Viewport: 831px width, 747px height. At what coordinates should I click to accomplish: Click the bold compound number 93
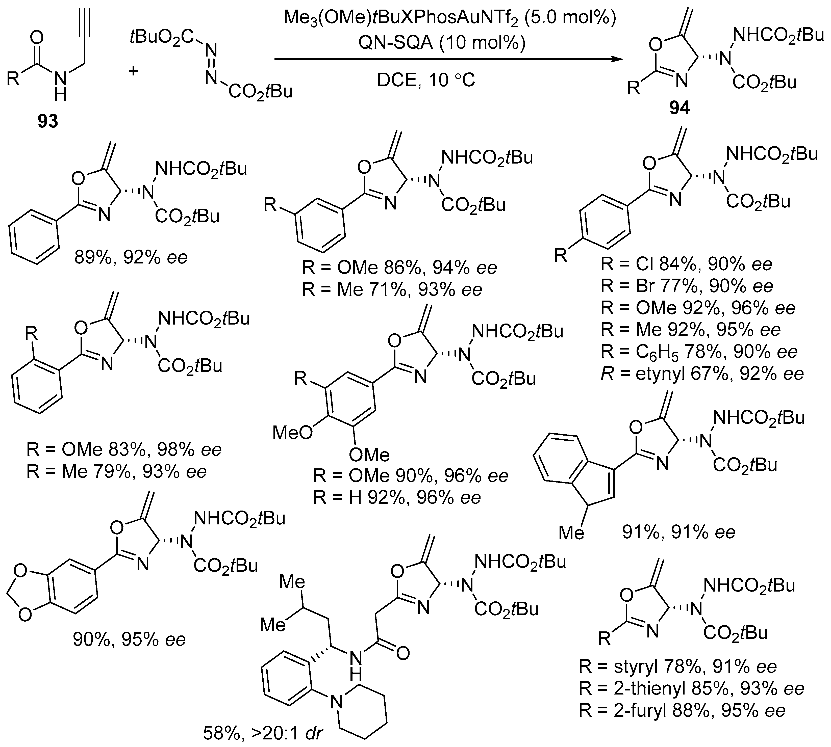48,121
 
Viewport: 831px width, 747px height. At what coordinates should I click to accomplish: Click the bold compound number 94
679,108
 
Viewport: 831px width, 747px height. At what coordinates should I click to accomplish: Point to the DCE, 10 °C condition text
426,80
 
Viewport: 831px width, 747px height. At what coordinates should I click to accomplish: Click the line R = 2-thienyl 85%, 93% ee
691,688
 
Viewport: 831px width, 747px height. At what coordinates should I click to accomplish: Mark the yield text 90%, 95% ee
129,639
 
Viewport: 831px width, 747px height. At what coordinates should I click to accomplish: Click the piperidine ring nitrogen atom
337,703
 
